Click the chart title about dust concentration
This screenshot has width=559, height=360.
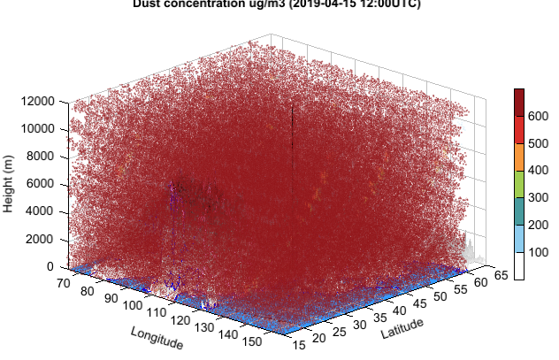[x=277, y=4]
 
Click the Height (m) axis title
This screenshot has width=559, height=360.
[x=9, y=184]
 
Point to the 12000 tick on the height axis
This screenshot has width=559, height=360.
[x=36, y=102]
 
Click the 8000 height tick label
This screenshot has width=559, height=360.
[x=39, y=157]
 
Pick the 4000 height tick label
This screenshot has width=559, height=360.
[x=39, y=211]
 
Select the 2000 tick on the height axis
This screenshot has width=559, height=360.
[x=39, y=239]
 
